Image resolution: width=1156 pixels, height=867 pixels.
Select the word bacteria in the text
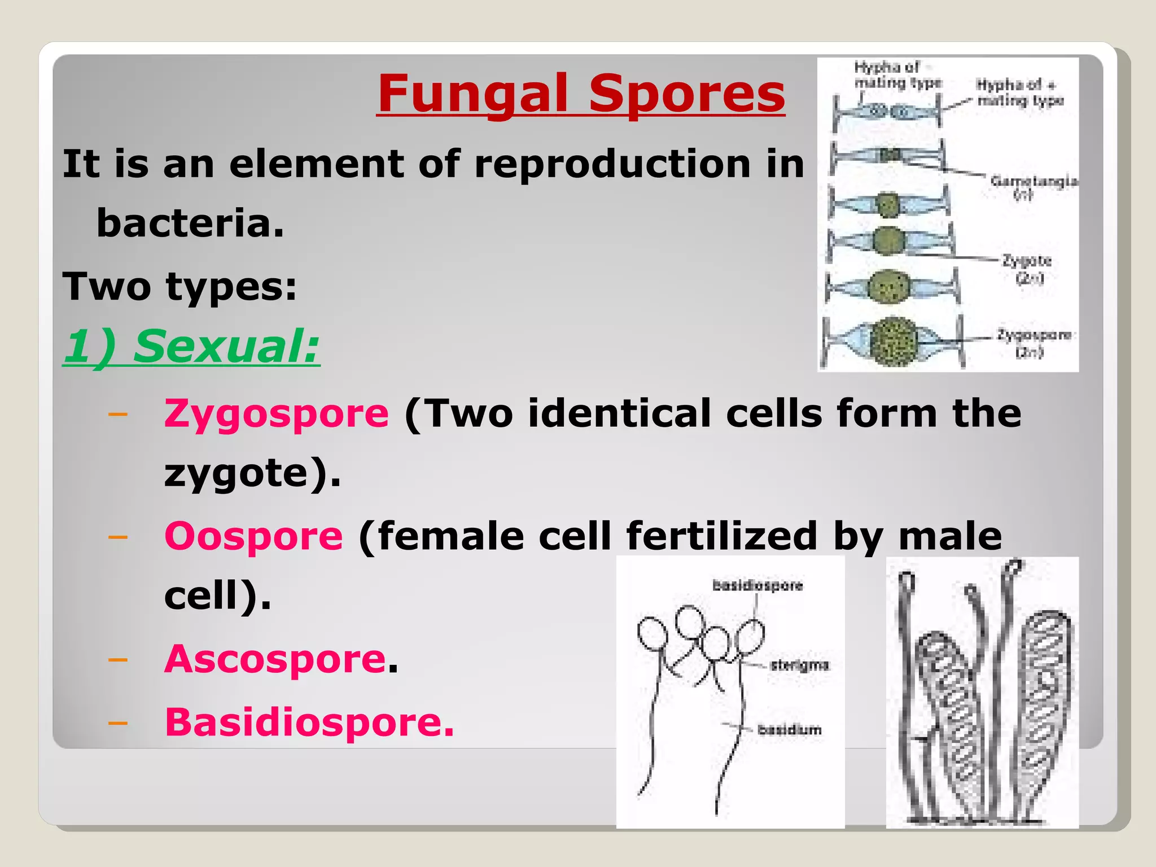coord(190,223)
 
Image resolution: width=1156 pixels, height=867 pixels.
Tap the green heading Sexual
coord(226,346)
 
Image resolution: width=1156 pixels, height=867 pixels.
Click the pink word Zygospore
coord(276,414)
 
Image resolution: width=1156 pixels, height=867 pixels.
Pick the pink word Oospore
coord(253,536)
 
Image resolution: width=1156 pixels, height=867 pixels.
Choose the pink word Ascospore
coord(275,659)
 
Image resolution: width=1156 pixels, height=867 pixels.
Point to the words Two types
coord(179,286)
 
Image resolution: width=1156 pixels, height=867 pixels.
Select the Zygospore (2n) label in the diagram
coord(1034,343)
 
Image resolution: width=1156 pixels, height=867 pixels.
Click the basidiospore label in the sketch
coord(757,585)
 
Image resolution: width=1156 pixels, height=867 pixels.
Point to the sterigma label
coord(799,665)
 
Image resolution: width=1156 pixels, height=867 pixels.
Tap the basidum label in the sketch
coord(789,730)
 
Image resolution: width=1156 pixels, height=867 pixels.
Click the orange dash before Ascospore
coord(117,659)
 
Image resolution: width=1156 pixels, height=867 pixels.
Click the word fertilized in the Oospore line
coord(721,536)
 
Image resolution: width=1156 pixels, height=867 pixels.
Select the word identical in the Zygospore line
coord(619,414)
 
